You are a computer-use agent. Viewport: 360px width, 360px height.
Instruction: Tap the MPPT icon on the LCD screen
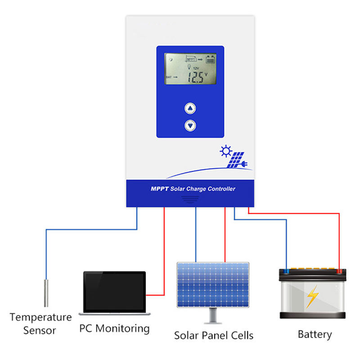pos(191,59)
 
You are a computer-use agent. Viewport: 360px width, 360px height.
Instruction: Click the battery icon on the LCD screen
pos(210,59)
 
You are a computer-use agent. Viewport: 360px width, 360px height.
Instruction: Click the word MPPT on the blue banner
pos(159,189)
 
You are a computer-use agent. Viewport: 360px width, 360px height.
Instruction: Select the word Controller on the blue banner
pos(221,189)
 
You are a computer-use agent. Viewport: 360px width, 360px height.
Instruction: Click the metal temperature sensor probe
pos(45,293)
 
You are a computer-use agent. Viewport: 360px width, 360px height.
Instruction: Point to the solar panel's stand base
pos(213,321)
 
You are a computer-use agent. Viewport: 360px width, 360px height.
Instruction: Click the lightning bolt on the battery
pos(312,297)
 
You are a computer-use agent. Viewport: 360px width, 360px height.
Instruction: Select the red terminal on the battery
pos(339,272)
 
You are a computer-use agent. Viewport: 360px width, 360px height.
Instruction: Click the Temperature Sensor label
pos(40,324)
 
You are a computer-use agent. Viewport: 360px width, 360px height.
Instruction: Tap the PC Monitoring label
pos(114,328)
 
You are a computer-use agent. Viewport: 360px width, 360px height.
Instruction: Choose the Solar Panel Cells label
pos(214,335)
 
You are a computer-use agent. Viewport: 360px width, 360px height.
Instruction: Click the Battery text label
pos(315,334)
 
